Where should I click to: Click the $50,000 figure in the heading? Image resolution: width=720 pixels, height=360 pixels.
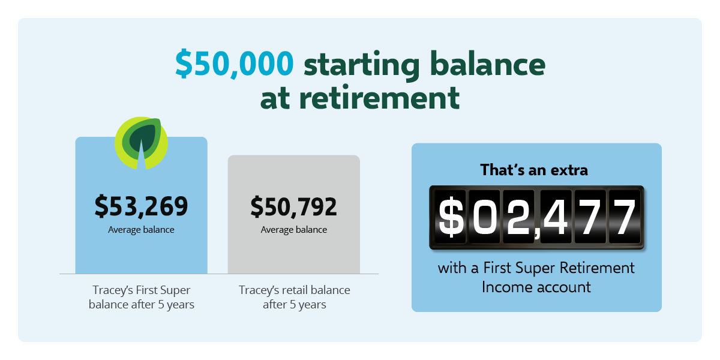(235, 64)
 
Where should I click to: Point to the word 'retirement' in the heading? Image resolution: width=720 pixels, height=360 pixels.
(379, 97)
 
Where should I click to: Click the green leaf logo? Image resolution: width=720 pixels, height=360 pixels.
(141, 143)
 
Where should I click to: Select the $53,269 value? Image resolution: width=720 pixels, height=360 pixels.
(141, 206)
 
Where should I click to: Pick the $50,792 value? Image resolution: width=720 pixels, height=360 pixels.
(294, 206)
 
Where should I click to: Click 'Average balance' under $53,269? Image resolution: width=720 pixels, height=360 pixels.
(141, 230)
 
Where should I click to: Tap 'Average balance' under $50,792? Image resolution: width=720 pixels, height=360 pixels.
(294, 230)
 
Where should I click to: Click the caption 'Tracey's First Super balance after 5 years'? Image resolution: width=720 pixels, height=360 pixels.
(142, 298)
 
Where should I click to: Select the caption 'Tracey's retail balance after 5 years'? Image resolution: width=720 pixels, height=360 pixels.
(295, 298)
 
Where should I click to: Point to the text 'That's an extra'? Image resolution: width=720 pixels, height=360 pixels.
(534, 170)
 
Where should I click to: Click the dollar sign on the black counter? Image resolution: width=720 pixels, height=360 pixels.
(451, 217)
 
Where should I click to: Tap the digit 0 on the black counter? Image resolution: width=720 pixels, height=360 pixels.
(484, 217)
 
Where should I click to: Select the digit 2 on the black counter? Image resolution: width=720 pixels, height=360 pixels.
(518, 217)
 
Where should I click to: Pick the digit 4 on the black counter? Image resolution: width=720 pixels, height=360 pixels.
(556, 217)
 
